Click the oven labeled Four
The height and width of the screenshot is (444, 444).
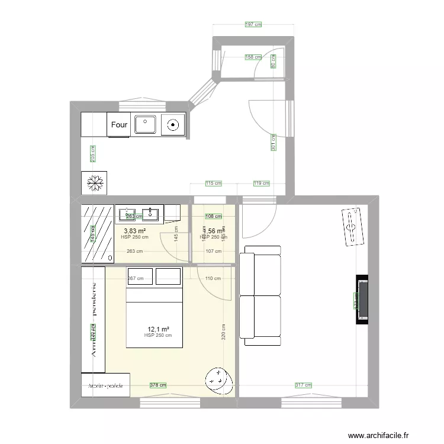[120, 125]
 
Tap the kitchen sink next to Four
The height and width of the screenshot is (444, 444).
[145, 124]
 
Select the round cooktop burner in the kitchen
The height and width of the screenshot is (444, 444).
[173, 124]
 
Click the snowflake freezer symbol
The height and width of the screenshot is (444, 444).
[93, 183]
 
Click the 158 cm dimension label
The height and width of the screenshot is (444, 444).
[253, 57]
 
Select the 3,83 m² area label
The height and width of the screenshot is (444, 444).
[134, 231]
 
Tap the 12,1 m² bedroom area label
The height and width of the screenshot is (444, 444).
[157, 329]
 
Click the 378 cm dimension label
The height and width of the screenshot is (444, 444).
[157, 385]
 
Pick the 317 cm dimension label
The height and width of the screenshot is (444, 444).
[302, 385]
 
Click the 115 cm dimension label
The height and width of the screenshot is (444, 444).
[213, 184]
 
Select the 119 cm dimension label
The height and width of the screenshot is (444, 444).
[260, 184]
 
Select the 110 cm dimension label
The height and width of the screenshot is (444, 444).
[213, 278]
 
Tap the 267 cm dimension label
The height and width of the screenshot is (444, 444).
[136, 278]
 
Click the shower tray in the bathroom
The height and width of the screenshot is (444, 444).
[98, 234]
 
